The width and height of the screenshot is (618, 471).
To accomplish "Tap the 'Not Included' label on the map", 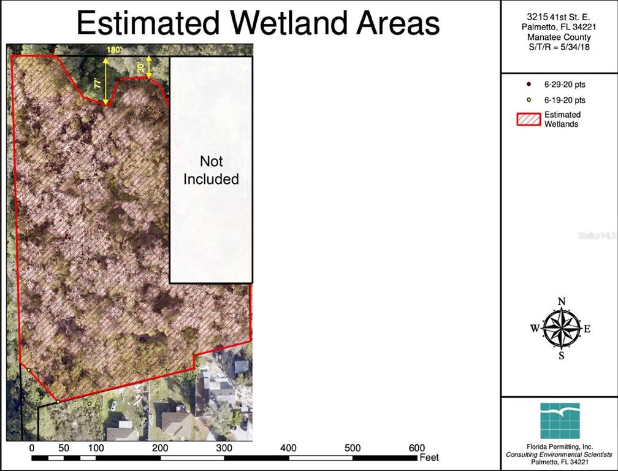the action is point(211,170).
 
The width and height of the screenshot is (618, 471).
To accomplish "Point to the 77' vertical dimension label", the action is point(99,85).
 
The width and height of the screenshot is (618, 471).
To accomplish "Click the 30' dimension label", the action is point(142,67).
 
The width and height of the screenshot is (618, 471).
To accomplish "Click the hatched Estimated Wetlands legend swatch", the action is point(528,119).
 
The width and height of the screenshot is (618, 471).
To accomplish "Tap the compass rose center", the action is point(560,328).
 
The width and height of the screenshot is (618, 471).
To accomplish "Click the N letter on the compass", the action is point(561,301).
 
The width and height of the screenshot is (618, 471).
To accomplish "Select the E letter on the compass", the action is point(587,329).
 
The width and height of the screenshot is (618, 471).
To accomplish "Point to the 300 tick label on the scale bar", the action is point(224,448).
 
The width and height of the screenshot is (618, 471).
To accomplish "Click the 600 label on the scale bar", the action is point(416,448).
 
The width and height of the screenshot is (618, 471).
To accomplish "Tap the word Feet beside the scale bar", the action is point(429,458).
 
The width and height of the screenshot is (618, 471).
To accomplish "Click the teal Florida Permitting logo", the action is point(560,421).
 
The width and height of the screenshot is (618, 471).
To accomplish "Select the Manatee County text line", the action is point(559,37).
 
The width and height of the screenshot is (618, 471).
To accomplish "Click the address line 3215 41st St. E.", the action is point(559,17).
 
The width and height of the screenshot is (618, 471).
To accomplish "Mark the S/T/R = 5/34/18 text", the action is point(559,47).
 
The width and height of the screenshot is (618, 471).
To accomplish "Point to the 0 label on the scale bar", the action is point(32,448).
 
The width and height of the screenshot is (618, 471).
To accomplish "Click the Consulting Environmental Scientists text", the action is point(559,454).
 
